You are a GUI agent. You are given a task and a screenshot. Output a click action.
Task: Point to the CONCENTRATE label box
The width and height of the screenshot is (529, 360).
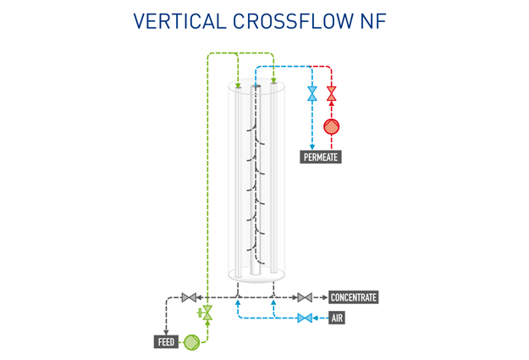353,297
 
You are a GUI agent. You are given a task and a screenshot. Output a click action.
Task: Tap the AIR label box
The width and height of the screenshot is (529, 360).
337,318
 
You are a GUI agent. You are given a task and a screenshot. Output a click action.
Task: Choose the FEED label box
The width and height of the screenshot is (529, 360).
166,342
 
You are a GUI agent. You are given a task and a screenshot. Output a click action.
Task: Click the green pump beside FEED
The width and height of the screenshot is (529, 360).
193,342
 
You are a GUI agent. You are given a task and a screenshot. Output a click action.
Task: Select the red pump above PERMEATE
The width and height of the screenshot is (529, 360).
332,128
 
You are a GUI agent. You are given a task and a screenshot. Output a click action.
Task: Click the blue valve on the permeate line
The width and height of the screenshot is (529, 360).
312,94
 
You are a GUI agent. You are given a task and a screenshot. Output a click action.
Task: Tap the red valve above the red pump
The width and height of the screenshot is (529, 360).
332,94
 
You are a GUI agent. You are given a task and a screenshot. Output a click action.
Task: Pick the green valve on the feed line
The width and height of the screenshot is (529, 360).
207,313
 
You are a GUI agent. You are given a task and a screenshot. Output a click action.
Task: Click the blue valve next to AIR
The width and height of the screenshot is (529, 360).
303,318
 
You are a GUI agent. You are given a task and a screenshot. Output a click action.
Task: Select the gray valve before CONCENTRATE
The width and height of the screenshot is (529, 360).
303,297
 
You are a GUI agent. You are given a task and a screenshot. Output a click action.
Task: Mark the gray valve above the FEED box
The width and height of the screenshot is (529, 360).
189,297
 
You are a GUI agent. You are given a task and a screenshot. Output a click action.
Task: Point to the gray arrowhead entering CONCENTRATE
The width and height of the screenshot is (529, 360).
322,297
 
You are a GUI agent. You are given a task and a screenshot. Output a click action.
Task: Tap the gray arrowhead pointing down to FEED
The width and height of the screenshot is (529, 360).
166,331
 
